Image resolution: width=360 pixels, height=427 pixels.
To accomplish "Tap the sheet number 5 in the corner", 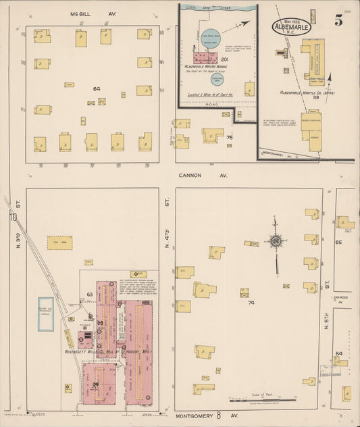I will pos(338,20).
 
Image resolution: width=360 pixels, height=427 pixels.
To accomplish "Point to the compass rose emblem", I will pos(276,241).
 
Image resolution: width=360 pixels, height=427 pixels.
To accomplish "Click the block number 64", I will pos(97,89).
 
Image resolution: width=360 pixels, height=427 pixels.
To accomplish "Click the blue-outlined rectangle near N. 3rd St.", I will pos(45,313).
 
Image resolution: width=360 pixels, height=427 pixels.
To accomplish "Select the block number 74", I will pos(251,303).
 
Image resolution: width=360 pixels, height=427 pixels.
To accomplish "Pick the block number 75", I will pos(230,138).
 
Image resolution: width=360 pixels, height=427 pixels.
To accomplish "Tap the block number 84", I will pos(339,353).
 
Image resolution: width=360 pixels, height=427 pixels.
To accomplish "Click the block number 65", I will pos(340,241).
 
